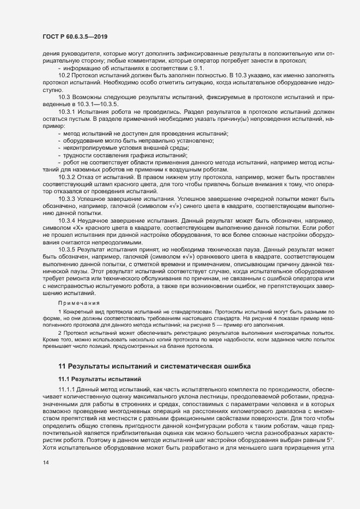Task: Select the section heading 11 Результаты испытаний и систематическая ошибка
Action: (155, 366)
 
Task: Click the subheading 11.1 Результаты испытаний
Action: (99, 378)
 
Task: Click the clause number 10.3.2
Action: (66, 178)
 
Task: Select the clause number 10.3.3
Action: (66, 199)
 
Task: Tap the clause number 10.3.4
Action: (66, 221)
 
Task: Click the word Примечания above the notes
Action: (79, 303)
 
